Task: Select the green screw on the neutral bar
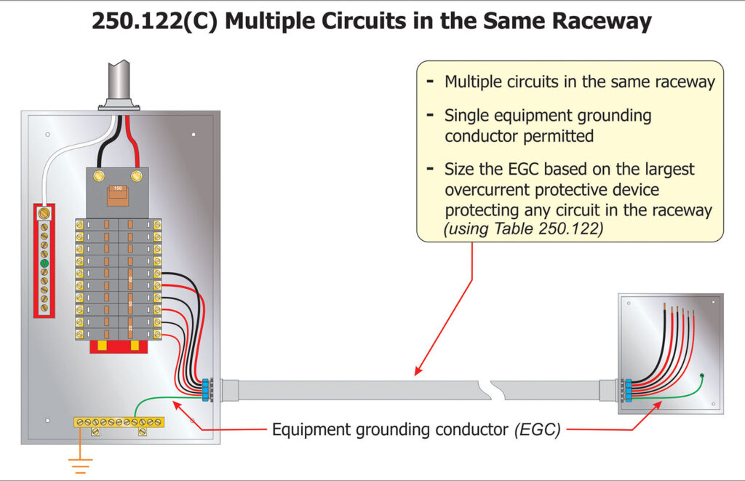click(x=44, y=263)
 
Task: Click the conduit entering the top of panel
click(x=119, y=84)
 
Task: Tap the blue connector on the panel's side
click(x=206, y=389)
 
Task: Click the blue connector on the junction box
click(x=626, y=390)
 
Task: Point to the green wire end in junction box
click(x=701, y=375)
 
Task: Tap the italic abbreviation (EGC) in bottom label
click(x=537, y=429)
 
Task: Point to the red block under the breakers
click(x=119, y=347)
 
